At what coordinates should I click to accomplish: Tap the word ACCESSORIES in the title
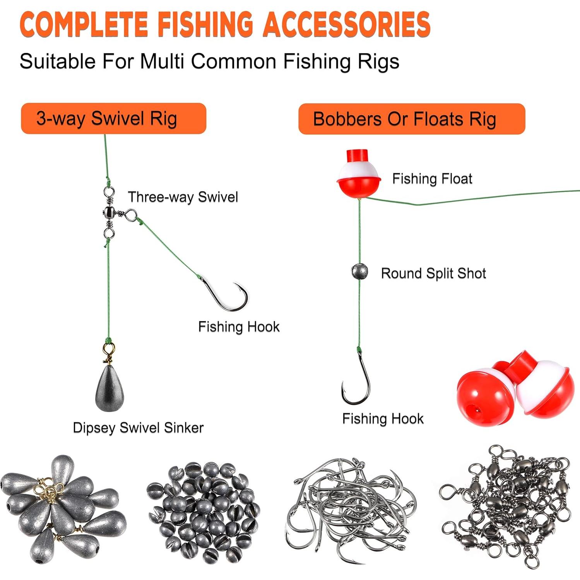tap(347, 24)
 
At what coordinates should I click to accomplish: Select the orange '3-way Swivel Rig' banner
tap(113, 118)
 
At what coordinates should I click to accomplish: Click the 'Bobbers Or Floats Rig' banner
tap(411, 119)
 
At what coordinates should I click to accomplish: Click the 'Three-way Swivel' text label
tap(183, 197)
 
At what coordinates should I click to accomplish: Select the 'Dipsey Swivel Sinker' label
tap(138, 428)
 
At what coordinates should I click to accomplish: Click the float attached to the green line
tap(359, 175)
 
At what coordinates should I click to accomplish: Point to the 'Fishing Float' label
tap(432, 179)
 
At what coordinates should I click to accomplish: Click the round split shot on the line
tap(359, 271)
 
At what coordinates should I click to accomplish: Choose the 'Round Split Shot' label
tap(433, 274)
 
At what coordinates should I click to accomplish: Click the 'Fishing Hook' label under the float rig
tap(383, 419)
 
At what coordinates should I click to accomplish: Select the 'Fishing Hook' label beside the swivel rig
tap(239, 327)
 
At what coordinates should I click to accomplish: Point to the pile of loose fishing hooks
tap(350, 509)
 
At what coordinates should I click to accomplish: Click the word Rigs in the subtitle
tap(378, 62)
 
